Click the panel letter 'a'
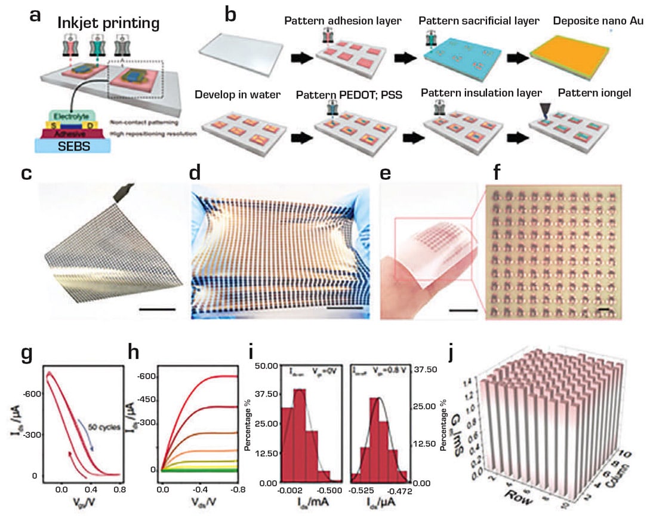coord(35,14)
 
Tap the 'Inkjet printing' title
coord(109,24)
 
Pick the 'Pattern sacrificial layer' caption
coord(479,21)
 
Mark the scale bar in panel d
coord(345,307)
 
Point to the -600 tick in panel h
coord(147,376)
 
